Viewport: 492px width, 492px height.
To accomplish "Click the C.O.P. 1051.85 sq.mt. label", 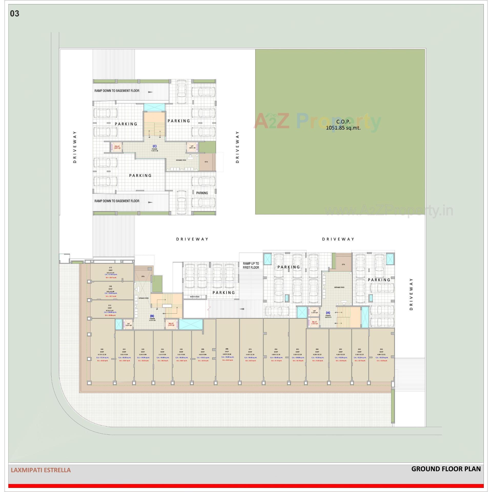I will click(x=343, y=125).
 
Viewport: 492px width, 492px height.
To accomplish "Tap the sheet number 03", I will click(x=15, y=14).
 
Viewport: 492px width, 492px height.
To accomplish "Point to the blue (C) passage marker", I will click(x=155, y=146).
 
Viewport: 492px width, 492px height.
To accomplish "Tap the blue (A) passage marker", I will click(x=328, y=312).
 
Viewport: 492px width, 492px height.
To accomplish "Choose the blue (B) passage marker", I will click(x=152, y=316).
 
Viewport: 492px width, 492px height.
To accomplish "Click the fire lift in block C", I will click(x=117, y=148).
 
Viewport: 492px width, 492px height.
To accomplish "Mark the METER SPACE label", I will click(x=195, y=297).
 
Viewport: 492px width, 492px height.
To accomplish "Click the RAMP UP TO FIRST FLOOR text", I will click(x=251, y=265).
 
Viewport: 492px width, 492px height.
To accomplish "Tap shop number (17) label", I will click(x=110, y=268).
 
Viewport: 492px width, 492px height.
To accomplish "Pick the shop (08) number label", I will click(x=227, y=349).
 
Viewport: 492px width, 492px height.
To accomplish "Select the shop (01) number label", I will click(x=381, y=349).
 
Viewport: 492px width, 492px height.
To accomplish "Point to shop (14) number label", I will click(x=102, y=349).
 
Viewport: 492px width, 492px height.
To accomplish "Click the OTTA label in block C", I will click(x=206, y=162).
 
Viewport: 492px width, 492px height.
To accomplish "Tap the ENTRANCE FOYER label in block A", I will click(x=339, y=287).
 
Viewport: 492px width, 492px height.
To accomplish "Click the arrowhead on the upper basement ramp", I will click(x=150, y=92).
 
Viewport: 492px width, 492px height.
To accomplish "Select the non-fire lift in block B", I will click(x=128, y=324).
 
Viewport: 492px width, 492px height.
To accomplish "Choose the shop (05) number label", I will click(x=297, y=349).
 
